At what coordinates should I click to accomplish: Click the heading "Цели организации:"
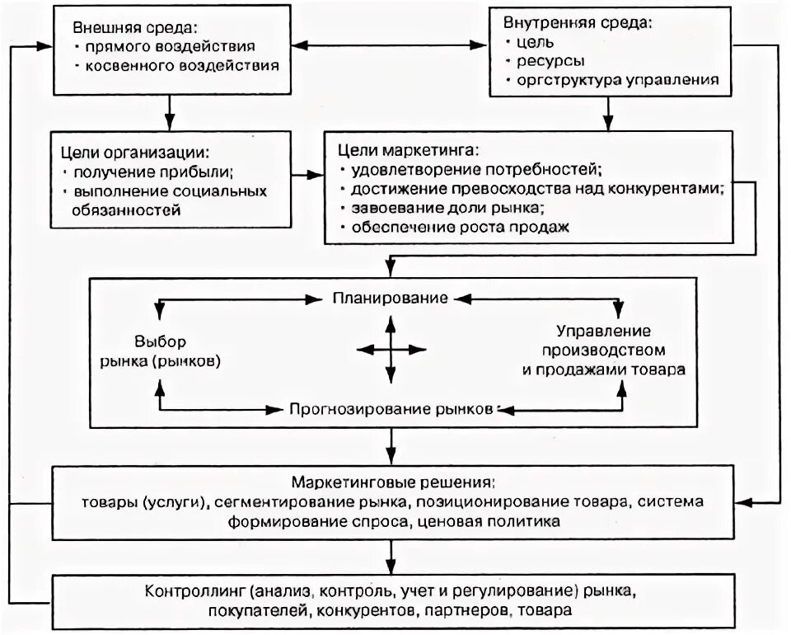click(135, 151)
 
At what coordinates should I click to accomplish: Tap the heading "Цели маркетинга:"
click(409, 151)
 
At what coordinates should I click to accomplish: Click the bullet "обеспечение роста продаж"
click(460, 226)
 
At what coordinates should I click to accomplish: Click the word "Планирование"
click(390, 297)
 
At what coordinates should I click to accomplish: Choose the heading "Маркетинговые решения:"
click(392, 481)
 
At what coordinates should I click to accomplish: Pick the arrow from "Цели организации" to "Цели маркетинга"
click(308, 176)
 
